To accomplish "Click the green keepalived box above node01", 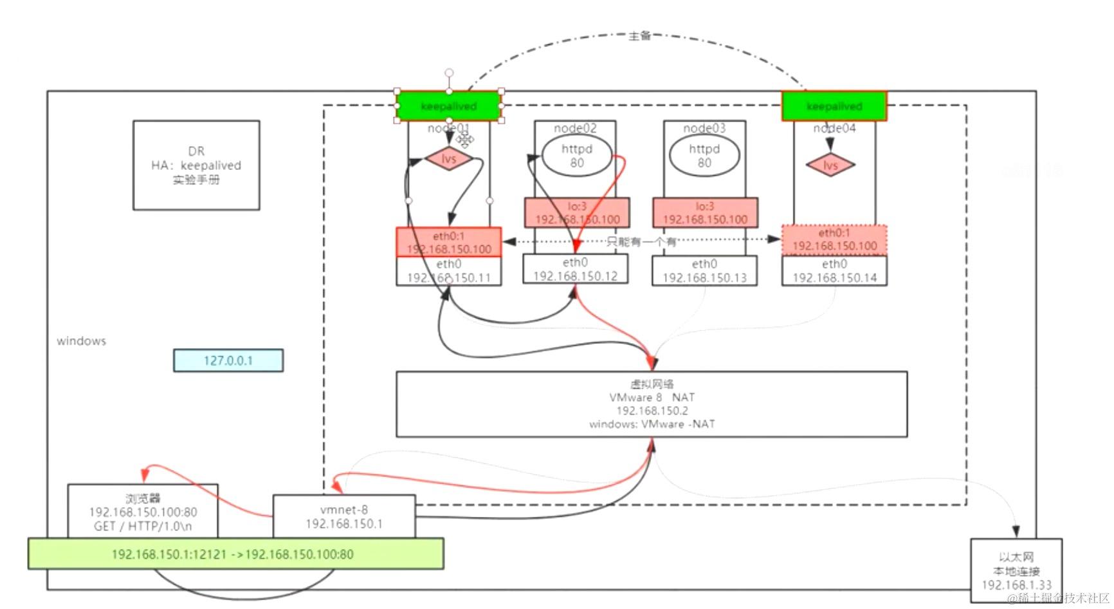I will point(448,106).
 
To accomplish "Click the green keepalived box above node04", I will point(834,106).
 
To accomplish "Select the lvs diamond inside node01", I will point(448,158).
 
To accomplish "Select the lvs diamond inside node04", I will point(830,165).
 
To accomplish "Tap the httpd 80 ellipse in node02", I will point(576,156).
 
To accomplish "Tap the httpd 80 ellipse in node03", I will point(704,156).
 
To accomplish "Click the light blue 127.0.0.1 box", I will point(228,361).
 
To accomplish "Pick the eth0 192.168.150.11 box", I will point(448,271).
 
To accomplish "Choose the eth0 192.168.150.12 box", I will point(575,269).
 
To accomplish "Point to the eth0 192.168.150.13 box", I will point(704,271).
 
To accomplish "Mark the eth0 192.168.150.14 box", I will point(834,271).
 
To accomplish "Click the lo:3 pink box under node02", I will point(577,212).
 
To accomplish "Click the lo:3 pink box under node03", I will point(705,212).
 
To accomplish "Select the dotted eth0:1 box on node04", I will point(834,239).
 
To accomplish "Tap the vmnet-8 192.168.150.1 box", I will point(344,516).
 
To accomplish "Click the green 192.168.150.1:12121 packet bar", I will point(235,554).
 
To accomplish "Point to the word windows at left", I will point(81,341).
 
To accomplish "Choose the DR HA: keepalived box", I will point(196,165).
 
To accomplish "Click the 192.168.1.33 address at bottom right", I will point(1016,585).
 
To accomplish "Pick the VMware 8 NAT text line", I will point(652,397).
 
